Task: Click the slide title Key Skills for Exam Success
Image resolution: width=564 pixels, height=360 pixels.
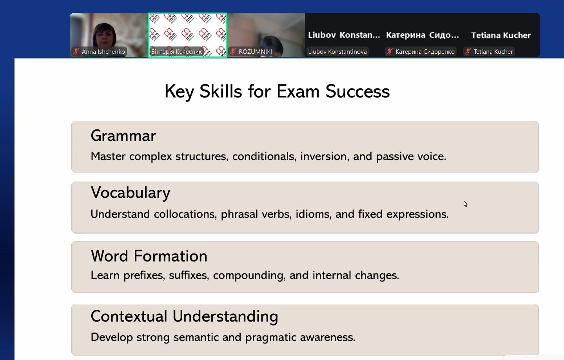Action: click(277, 91)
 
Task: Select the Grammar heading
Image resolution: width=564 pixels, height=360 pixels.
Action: click(123, 136)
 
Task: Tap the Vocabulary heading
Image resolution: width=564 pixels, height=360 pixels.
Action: click(131, 193)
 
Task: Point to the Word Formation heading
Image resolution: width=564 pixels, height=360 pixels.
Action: click(149, 256)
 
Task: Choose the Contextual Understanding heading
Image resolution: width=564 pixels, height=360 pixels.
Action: click(184, 316)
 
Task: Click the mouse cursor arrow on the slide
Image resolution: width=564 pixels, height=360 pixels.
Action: click(465, 204)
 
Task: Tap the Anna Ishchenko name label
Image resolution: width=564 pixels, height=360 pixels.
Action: click(103, 52)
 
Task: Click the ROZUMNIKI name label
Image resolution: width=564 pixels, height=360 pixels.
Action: click(255, 52)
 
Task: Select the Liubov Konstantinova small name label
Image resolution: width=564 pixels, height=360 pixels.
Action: click(337, 52)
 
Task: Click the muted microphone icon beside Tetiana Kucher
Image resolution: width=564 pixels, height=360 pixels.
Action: click(468, 52)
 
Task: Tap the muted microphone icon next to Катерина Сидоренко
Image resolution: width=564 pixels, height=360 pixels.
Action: click(390, 52)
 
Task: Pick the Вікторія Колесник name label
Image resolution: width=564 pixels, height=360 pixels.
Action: click(176, 52)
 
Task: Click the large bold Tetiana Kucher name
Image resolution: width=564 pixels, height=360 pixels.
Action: click(501, 35)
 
